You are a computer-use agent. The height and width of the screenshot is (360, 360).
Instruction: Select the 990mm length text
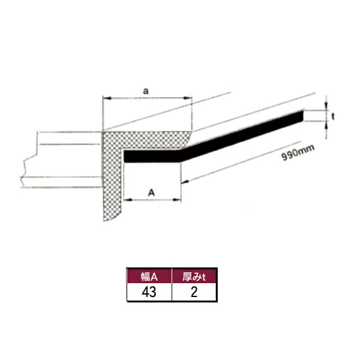[x=298, y=155]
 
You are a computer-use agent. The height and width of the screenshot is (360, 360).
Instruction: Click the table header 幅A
[x=149, y=277]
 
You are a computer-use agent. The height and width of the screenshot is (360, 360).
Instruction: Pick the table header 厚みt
[x=194, y=277]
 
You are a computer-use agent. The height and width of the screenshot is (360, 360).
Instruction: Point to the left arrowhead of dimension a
[x=107, y=98]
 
